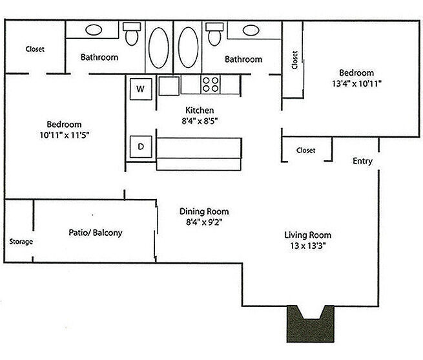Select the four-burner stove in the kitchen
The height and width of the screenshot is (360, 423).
coord(211,85)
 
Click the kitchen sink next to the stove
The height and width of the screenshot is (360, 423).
coord(170,85)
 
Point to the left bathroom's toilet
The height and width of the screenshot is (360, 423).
coord(132,34)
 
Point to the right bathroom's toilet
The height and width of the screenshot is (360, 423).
coord(214,34)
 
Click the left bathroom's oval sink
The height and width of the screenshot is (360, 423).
coord(93,30)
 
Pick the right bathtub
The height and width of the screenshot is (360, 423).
coord(188,47)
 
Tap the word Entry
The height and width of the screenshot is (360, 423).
coord(362,161)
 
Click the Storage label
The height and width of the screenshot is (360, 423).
coord(21,242)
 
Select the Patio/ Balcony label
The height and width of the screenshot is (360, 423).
coord(95,233)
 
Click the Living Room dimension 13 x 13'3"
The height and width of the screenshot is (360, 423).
coord(307,246)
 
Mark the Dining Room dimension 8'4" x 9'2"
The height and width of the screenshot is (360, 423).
coord(203,223)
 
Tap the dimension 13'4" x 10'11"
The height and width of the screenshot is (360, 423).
coord(356,83)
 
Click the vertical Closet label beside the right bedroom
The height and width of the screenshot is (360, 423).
coord(294,60)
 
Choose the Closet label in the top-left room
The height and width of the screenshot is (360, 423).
coord(35,49)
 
